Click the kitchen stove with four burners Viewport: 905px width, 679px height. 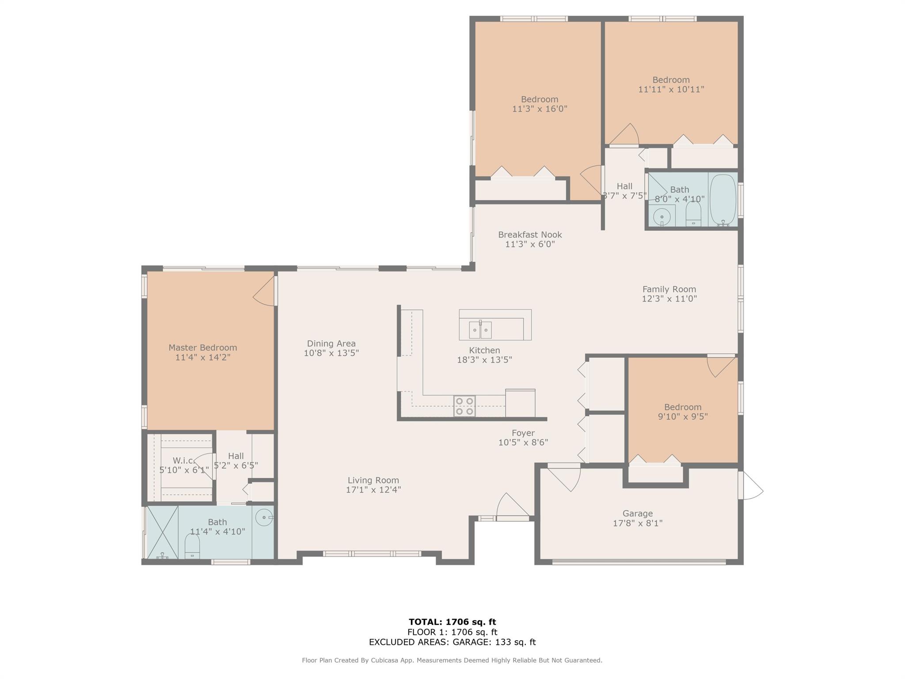click(x=464, y=406)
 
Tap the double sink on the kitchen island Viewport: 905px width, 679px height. click(x=480, y=330)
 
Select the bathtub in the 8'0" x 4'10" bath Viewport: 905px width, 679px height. click(x=723, y=200)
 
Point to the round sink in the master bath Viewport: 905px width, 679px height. click(x=264, y=516)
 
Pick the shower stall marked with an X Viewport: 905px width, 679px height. click(x=162, y=532)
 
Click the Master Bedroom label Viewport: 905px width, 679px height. click(x=203, y=347)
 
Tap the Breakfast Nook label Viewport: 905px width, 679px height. click(x=530, y=235)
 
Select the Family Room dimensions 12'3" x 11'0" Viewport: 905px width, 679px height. click(x=669, y=299)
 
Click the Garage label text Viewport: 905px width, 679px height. click(x=638, y=514)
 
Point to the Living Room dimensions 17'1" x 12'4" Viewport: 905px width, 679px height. click(x=373, y=490)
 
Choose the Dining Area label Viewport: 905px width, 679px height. click(x=331, y=343)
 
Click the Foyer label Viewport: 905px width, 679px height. click(x=523, y=433)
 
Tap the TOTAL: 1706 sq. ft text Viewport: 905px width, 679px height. click(x=452, y=622)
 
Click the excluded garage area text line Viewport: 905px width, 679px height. click(x=452, y=642)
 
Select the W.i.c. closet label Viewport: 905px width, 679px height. click(x=184, y=461)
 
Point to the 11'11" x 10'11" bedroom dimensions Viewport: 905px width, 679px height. click(x=671, y=89)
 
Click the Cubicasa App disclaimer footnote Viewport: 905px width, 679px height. click(x=452, y=660)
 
